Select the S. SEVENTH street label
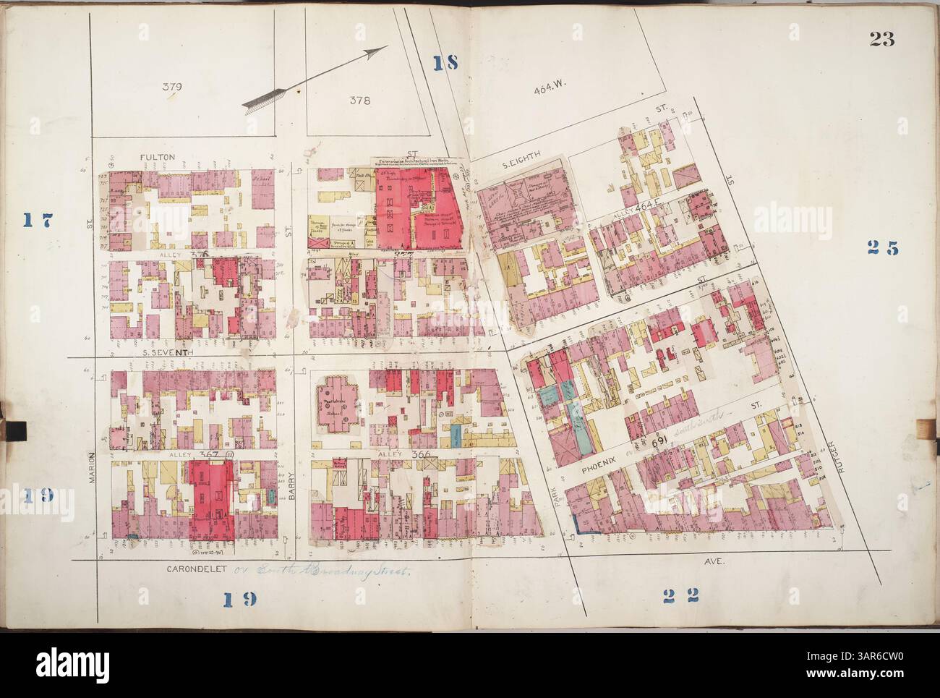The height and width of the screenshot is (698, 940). point(166,352)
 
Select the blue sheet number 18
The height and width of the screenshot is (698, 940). point(446,63)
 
